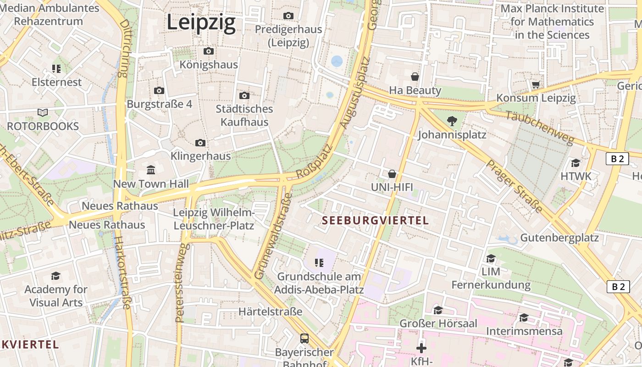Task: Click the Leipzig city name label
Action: [x=201, y=22]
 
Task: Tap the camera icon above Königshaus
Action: [x=209, y=51]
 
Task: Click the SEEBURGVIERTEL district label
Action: [x=375, y=221]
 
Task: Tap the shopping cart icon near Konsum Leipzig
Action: [x=536, y=84]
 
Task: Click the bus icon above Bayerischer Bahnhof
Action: [x=304, y=339]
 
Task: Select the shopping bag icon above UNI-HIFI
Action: [x=392, y=174]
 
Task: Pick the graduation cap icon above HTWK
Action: [x=576, y=163]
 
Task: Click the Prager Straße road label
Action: [x=514, y=186]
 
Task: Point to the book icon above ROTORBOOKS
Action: [x=43, y=112]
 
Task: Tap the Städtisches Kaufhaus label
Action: [x=244, y=116]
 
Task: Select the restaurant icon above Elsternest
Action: [x=56, y=69]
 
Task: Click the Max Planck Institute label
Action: [x=552, y=22]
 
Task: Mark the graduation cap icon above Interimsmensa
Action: [x=524, y=318]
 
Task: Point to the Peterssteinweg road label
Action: [x=182, y=282]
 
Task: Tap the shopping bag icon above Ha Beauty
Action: [x=415, y=77]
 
